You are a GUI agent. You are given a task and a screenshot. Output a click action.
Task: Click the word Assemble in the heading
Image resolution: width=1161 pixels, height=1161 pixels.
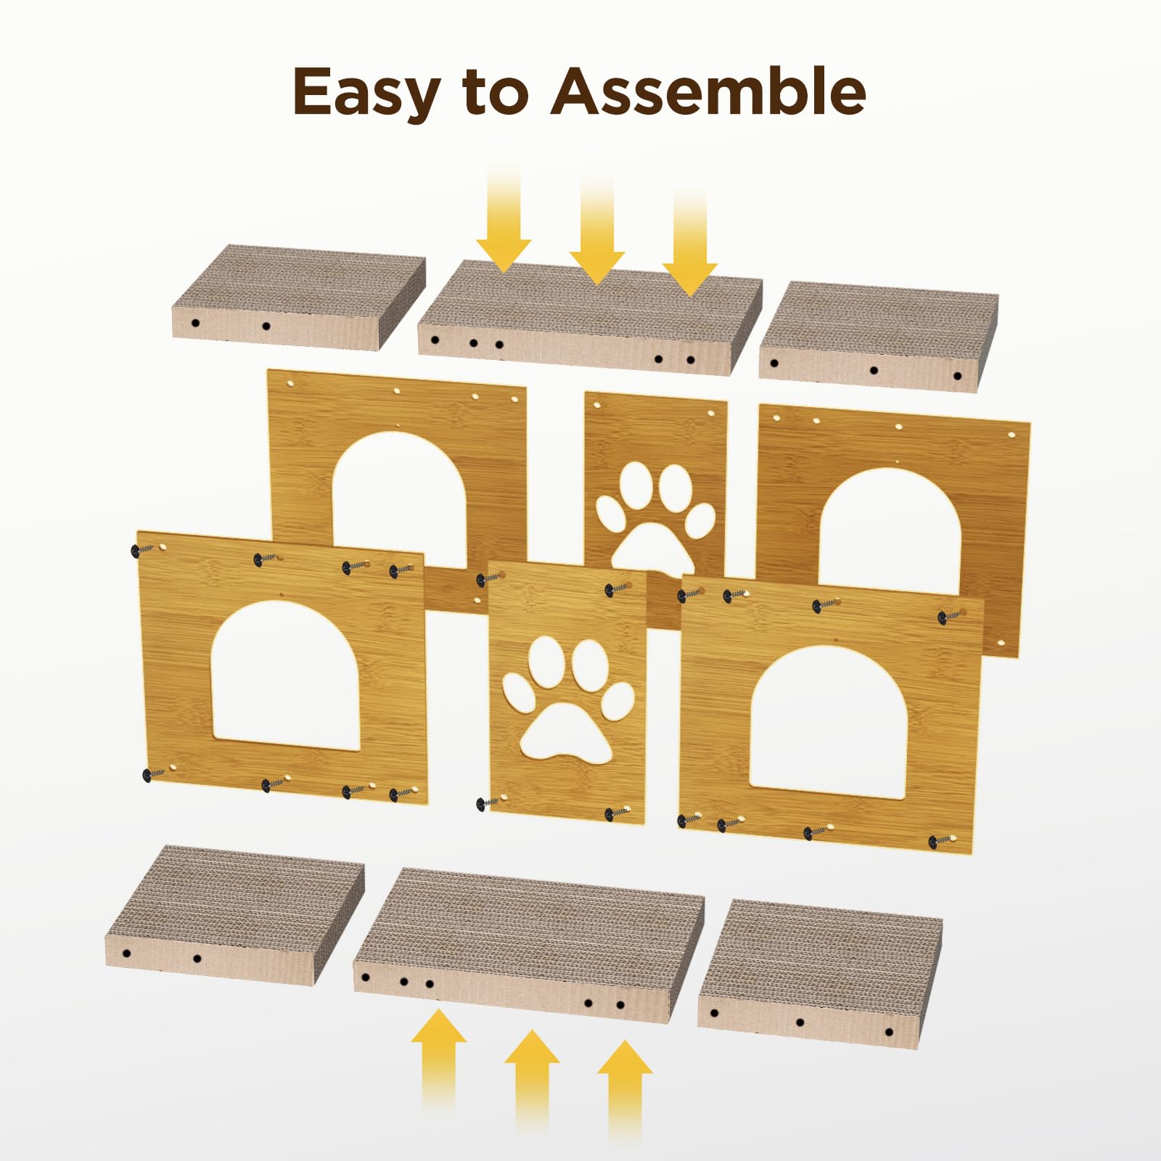[708, 91]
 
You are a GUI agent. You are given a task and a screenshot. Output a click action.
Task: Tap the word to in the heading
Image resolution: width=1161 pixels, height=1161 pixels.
[495, 92]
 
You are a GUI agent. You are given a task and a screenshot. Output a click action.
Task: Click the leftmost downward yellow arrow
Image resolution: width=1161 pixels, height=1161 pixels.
[504, 218]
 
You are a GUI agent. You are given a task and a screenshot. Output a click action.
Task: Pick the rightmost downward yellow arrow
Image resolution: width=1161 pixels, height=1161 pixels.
[689, 239]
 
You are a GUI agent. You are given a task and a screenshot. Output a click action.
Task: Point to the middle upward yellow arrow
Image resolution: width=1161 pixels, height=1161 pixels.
[532, 1088]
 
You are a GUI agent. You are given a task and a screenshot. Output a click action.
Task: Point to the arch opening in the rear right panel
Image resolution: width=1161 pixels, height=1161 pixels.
[890, 526]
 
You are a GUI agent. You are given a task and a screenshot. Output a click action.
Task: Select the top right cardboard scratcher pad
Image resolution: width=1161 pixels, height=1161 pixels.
[879, 331]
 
